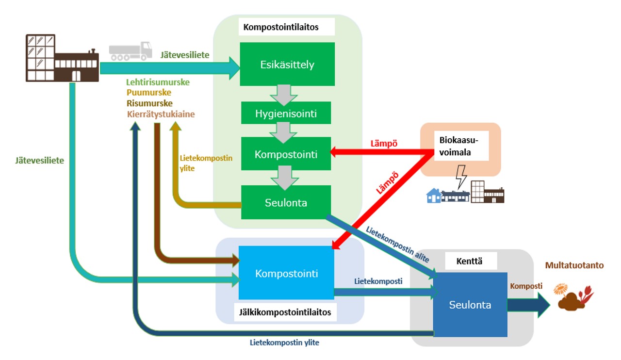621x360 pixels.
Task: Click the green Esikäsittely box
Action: point(287,64)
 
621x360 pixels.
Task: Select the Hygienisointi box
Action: point(286,115)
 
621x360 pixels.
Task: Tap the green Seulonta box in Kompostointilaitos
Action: point(286,202)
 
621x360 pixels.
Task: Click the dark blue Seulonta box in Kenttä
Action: point(470,305)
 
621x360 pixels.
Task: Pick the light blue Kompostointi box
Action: point(286,273)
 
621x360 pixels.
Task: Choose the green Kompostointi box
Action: point(286,155)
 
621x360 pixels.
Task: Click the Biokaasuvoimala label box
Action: point(458,146)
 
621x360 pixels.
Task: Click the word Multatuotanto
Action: point(574,265)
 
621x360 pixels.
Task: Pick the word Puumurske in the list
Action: point(148,93)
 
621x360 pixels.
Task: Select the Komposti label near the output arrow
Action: point(526,286)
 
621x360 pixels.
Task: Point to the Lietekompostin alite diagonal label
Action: point(398,245)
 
